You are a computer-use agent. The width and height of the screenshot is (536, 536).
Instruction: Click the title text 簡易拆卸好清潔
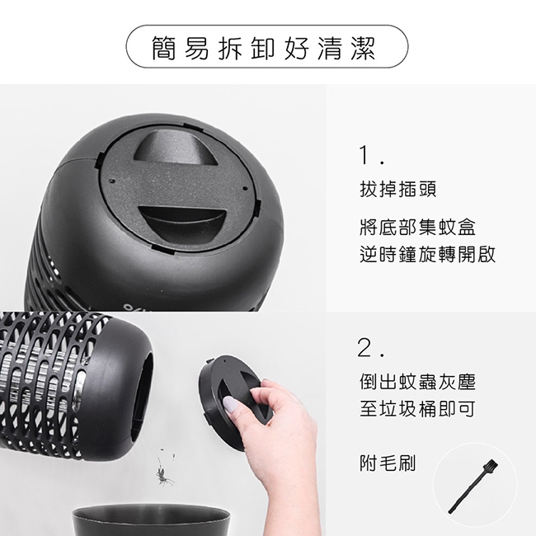tap(267, 49)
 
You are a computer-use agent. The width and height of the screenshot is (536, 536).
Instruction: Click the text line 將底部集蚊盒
tap(418, 227)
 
